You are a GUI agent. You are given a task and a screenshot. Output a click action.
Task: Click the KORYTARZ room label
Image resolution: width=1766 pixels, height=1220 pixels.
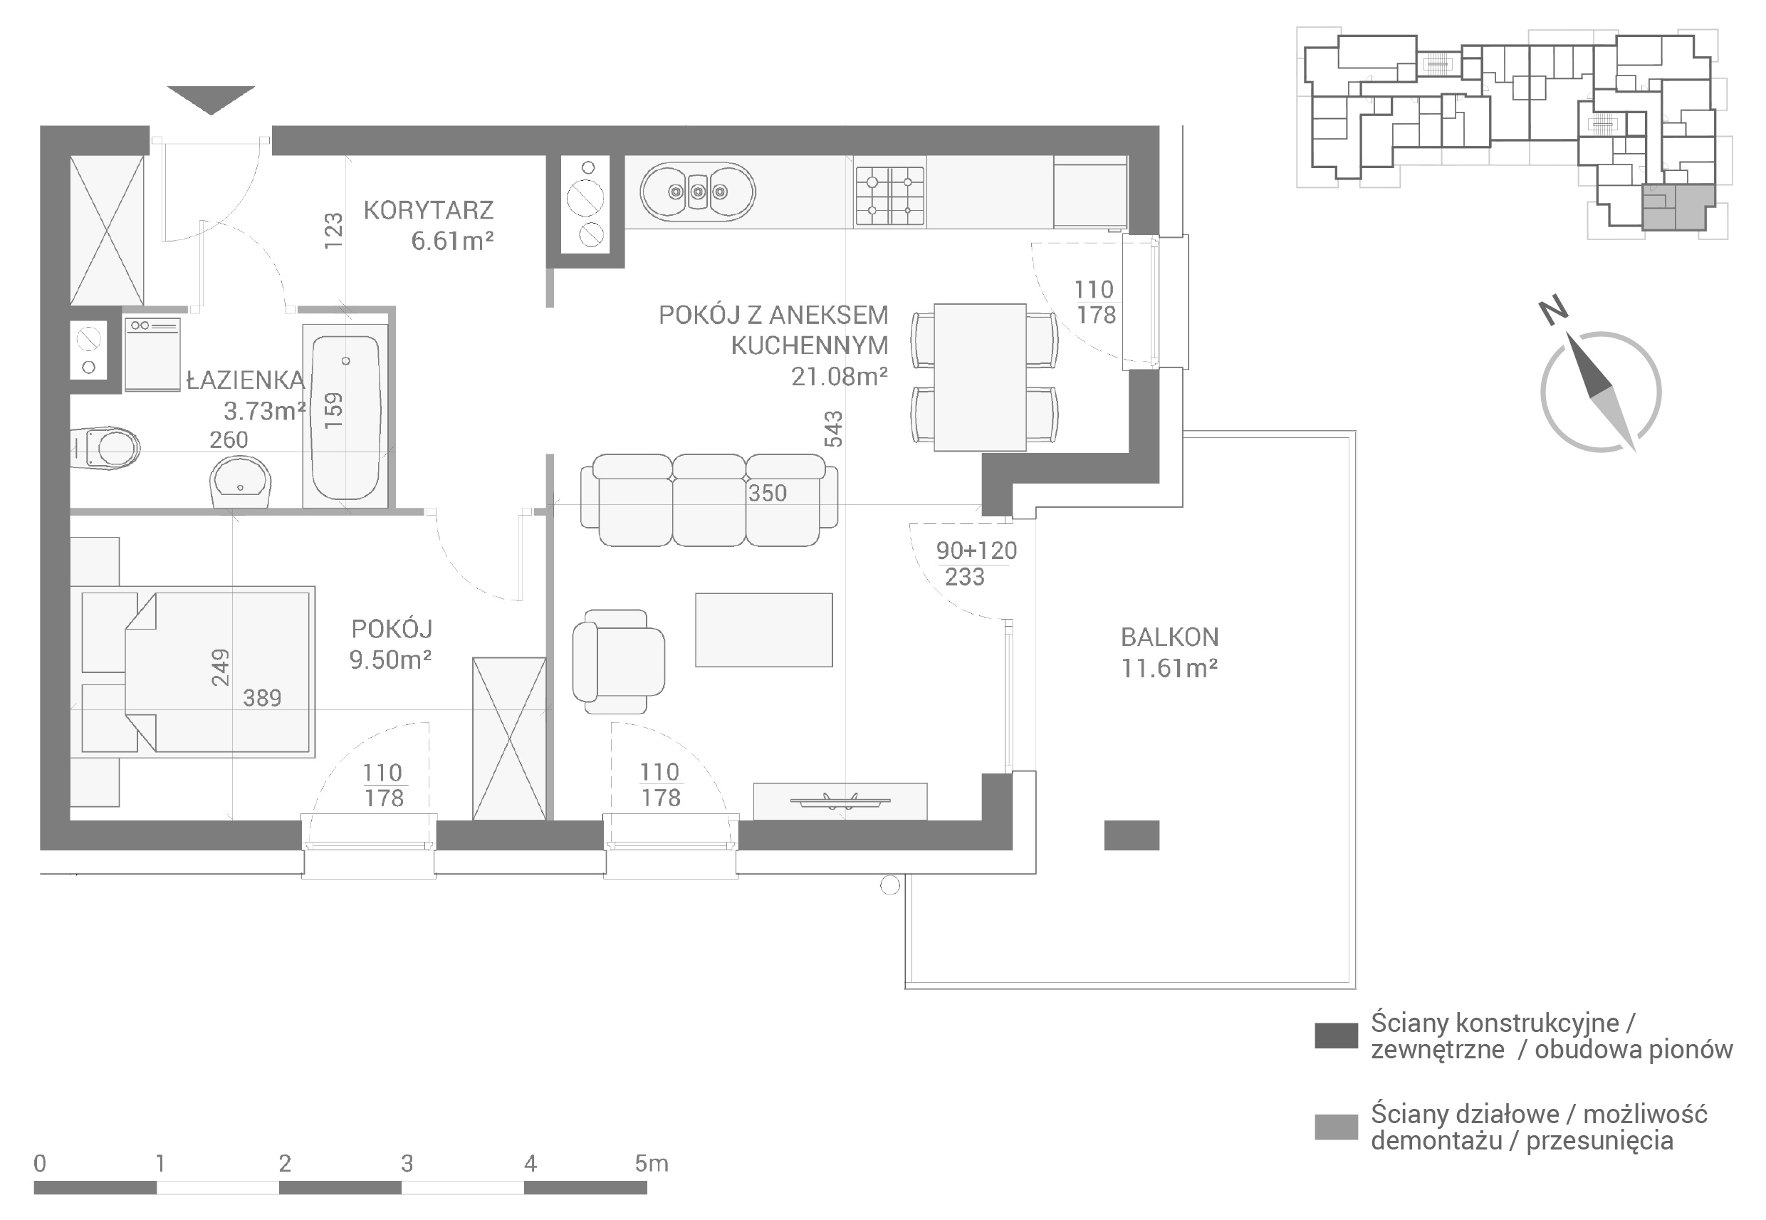pyautogui.click(x=428, y=210)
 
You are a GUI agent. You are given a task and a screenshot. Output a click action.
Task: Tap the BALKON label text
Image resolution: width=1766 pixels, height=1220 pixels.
pyautogui.click(x=1169, y=637)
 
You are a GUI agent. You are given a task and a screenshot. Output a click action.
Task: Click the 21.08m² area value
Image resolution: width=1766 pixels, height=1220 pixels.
pyautogui.click(x=839, y=376)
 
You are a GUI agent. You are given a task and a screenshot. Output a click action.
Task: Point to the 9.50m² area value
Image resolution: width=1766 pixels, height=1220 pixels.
pyautogui.click(x=390, y=659)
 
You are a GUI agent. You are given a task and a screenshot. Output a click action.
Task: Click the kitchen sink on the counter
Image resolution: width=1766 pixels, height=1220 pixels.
pyautogui.click(x=698, y=192)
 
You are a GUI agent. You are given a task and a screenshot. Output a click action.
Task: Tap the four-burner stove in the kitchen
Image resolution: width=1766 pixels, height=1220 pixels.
pyautogui.click(x=890, y=195)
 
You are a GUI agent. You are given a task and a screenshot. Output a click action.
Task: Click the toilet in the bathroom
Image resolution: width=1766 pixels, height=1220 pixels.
pyautogui.click(x=105, y=448)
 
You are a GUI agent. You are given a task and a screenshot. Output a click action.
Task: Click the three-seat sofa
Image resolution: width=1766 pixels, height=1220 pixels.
pyautogui.click(x=709, y=500)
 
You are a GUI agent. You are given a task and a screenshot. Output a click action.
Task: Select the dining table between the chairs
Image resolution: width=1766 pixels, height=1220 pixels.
pyautogui.click(x=980, y=377)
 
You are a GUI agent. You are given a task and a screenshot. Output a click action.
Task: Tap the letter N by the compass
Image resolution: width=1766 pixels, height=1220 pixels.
pyautogui.click(x=1554, y=311)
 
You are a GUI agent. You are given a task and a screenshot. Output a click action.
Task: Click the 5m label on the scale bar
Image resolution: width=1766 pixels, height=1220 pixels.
pyautogui.click(x=651, y=1164)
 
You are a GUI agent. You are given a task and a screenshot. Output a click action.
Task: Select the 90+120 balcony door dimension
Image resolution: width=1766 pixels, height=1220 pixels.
pyautogui.click(x=976, y=551)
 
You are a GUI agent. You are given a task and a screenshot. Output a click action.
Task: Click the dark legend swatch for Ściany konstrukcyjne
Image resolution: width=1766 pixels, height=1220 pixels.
pyautogui.click(x=1336, y=1036)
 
